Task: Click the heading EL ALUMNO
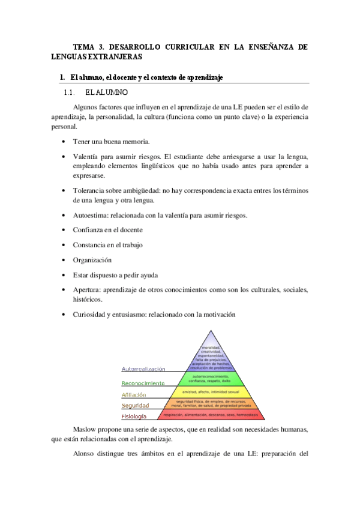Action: point(106,93)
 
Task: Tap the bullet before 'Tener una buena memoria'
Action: point(64,142)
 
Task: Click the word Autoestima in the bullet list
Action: point(91,215)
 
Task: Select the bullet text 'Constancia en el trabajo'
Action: point(107,245)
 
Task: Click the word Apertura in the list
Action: point(88,290)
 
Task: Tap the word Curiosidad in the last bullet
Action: point(92,315)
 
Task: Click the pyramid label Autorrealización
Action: point(143,369)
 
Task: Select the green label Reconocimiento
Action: point(143,383)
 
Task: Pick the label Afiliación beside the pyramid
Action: point(133,395)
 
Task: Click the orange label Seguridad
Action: point(136,406)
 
